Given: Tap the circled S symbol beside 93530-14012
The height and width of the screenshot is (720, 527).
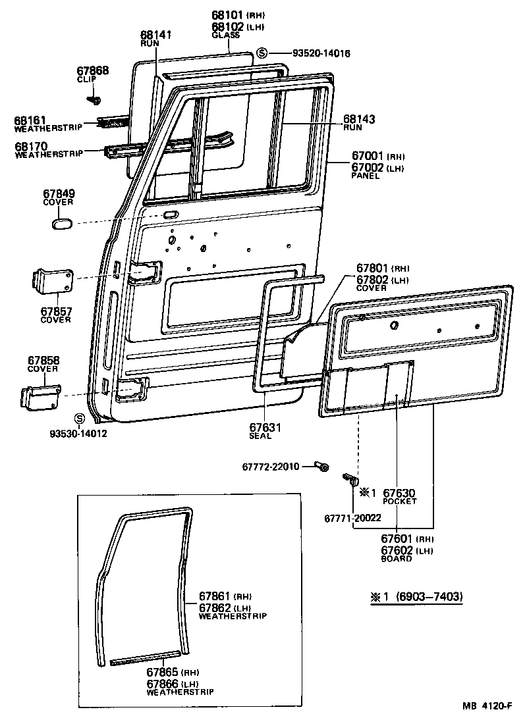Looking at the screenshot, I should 80,419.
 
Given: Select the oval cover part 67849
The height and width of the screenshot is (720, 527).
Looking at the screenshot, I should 61,224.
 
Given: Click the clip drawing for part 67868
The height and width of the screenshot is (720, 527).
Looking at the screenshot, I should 95,101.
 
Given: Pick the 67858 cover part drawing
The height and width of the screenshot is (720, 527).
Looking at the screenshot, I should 41,396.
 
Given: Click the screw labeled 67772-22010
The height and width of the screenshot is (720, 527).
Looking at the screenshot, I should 323,467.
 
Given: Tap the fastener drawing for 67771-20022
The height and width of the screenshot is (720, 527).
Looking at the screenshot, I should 350,478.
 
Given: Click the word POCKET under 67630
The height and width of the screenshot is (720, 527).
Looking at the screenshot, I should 399,501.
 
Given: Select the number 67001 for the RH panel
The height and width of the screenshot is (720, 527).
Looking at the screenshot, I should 368,156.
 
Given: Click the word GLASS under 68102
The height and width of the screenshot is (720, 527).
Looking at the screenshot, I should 226,35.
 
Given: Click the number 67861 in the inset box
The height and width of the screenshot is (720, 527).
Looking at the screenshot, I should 215,596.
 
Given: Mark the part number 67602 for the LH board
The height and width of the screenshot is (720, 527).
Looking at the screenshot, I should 399,550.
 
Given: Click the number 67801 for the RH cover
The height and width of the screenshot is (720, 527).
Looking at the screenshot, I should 372,268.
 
